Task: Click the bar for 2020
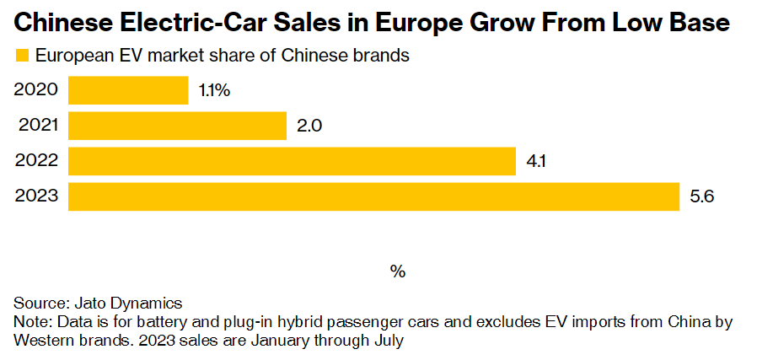128,90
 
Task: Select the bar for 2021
177,126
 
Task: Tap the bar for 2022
292,161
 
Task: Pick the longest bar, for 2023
373,196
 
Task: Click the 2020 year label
36,90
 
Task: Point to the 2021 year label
39,126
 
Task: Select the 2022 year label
37,161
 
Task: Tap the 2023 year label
37,196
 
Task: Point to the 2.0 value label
310,126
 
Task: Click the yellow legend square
22,56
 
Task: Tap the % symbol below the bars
398,271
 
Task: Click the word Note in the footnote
30,322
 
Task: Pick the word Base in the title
698,23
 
